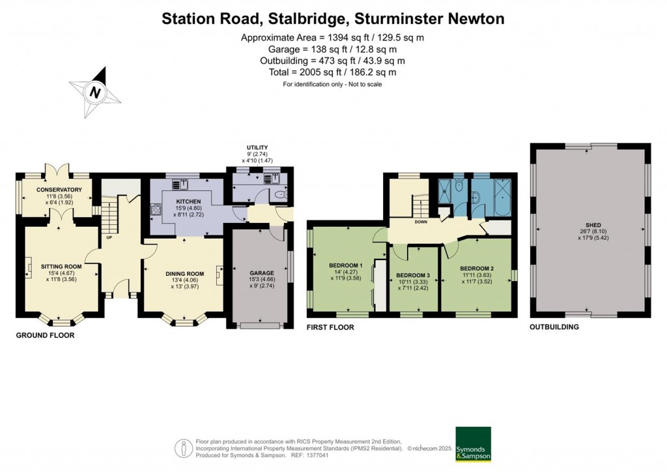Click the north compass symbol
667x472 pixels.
(95, 93)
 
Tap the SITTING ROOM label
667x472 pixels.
(61, 267)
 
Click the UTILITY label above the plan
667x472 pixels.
(257, 148)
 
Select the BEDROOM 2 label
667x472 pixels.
(477, 269)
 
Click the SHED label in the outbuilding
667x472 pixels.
(592, 225)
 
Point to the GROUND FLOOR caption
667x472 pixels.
(45, 336)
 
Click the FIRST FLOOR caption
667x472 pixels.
(330, 327)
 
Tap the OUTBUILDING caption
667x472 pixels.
(554, 327)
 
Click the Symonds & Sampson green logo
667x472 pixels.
(472, 444)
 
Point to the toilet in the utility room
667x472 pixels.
(280, 194)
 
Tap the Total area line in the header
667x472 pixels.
(333, 72)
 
